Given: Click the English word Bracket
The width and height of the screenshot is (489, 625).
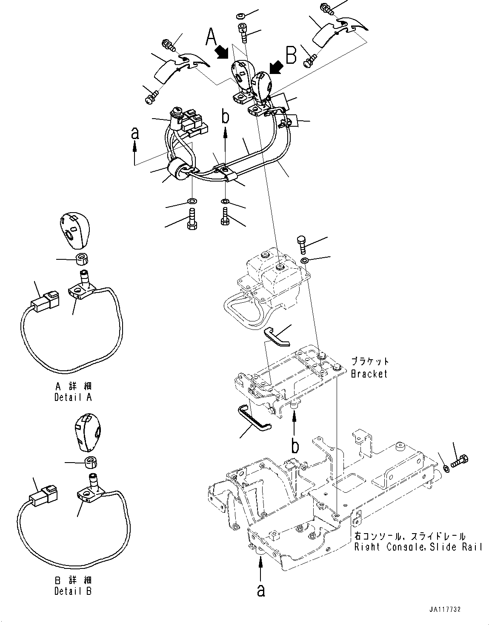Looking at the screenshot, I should tap(369, 374).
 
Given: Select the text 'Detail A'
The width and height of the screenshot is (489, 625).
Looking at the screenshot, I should tap(73, 398).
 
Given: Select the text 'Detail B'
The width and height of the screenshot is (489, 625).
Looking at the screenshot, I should tap(73, 591).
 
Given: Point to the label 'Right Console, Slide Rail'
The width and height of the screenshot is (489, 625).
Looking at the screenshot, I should tap(418, 547).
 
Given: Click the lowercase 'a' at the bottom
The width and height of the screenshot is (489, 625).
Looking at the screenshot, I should tap(261, 591).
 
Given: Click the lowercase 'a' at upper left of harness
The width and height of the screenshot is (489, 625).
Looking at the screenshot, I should tap(135, 134).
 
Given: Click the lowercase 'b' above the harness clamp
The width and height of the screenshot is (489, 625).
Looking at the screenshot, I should tap(226, 116).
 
